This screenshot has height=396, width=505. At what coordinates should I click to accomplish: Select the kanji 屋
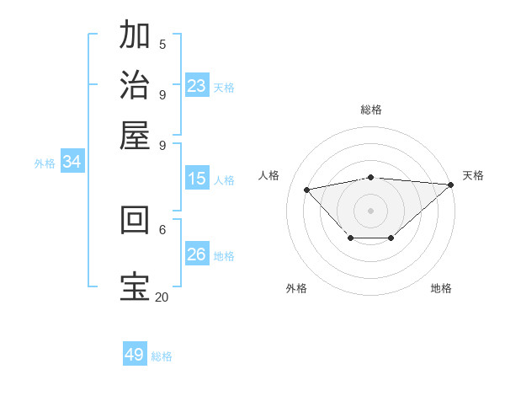pos(135,135)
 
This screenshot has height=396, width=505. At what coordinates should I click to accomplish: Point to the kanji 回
pos(135,219)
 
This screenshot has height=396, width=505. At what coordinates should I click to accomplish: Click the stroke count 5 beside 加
pos(162,44)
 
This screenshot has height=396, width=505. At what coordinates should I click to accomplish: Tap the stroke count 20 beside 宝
pos(162,297)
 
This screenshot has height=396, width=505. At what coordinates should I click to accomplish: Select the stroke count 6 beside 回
pos(162,228)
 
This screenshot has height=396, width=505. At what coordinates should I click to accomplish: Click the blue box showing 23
pos(197,85)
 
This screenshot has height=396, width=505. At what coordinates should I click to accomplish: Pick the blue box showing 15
pos(197,179)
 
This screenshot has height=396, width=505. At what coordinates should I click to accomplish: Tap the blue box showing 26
pos(197,254)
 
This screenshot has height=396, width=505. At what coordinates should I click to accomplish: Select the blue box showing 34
pos(72,163)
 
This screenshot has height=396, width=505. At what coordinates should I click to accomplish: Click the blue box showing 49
pos(135,355)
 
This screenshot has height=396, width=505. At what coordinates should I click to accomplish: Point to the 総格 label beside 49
pos(162,356)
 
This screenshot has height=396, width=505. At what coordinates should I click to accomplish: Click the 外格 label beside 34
pos(45,164)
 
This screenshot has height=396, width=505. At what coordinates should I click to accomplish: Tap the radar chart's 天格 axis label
pos(473,175)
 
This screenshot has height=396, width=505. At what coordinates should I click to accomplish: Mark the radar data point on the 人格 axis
pos(306,189)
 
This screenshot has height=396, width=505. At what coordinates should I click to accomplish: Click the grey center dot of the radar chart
pos(371,210)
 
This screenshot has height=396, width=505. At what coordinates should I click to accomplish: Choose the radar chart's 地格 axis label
pos(441,288)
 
